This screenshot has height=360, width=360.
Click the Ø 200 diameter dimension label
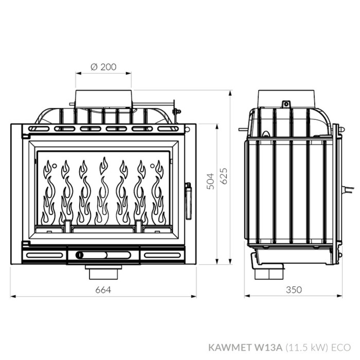104,67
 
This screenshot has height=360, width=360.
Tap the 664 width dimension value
103,290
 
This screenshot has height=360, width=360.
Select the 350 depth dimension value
294,290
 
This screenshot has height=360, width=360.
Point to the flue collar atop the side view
287,97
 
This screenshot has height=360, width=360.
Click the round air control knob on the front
80,255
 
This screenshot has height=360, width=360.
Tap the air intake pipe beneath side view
269,273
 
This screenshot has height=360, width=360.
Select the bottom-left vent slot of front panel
44,255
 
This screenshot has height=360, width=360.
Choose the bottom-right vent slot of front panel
162,255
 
